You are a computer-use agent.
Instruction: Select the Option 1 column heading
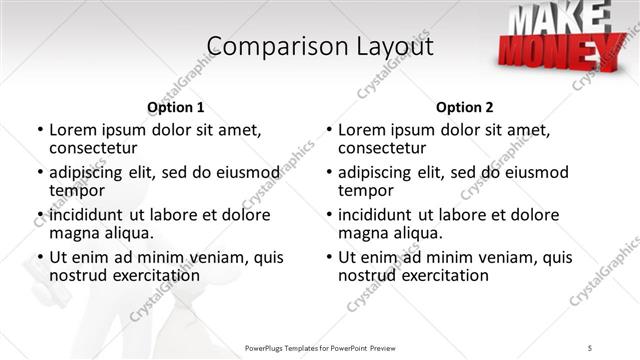(175, 107)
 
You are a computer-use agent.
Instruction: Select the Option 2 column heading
(464, 107)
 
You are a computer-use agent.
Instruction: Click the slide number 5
(590, 346)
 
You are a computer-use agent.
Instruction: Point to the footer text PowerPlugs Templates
(290, 346)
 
